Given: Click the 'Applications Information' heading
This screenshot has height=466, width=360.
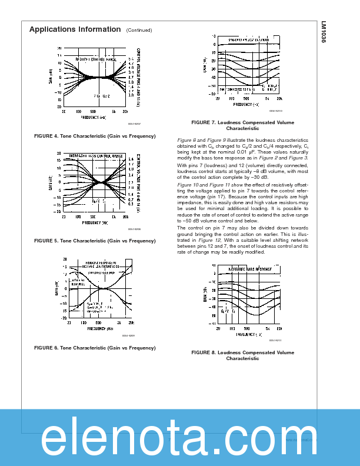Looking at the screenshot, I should pyautogui.click(x=75, y=29).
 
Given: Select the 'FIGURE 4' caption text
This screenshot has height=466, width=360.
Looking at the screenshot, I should pyautogui.click(x=95, y=136).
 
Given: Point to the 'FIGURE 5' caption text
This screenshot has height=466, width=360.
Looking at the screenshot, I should pyautogui.click(x=95, y=241).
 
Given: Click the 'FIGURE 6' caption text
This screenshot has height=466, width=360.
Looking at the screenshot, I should pyautogui.click(x=95, y=348).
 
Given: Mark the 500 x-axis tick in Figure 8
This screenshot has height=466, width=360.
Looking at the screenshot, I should pyautogui.click(x=247, y=328).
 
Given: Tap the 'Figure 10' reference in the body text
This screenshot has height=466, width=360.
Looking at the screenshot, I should pyautogui.click(x=188, y=185).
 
